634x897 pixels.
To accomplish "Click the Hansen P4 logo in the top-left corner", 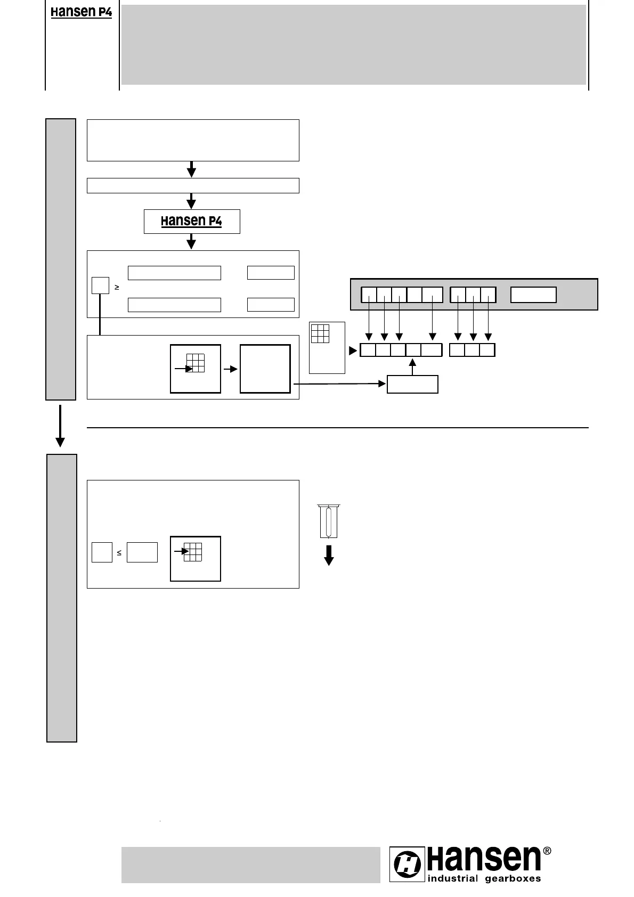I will pyautogui.click(x=81, y=12).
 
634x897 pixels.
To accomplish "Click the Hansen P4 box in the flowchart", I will pyautogui.click(x=192, y=221).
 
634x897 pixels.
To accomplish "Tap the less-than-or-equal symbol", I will pyautogui.click(x=119, y=553).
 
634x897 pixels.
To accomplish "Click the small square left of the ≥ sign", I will pyautogui.click(x=100, y=286).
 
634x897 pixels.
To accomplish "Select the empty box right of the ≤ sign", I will pyautogui.click(x=142, y=552).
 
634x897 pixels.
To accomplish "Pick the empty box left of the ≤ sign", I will pyautogui.click(x=102, y=552).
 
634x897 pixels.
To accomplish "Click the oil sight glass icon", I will pyautogui.click(x=329, y=521).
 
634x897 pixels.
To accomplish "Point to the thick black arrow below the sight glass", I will pyautogui.click(x=329, y=555).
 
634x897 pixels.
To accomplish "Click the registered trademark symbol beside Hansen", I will pyautogui.click(x=547, y=851).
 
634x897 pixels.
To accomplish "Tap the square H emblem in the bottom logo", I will pyautogui.click(x=408, y=864).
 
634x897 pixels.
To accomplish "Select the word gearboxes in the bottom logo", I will pyautogui.click(x=513, y=879).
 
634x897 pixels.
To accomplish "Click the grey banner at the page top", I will pyautogui.click(x=354, y=45).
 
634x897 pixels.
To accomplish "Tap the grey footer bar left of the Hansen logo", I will pyautogui.click(x=250, y=865).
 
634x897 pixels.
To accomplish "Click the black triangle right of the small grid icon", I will pyautogui.click(x=352, y=351).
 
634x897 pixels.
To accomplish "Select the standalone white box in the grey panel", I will pyautogui.click(x=533, y=295).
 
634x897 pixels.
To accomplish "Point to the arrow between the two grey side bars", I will pyautogui.click(x=60, y=426).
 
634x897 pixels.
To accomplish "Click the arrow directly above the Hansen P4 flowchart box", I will pyautogui.click(x=191, y=201).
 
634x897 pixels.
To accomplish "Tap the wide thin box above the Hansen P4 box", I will pyautogui.click(x=193, y=185).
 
